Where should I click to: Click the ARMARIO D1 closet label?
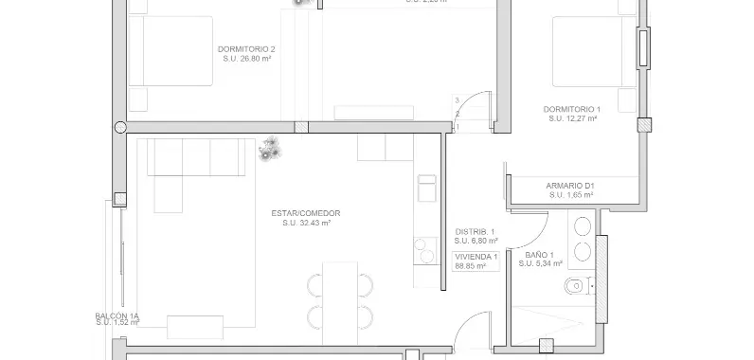click(569, 185)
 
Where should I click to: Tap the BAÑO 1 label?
click(538, 255)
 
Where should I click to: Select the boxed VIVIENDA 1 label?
click(476, 257)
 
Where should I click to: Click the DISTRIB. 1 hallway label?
click(476, 231)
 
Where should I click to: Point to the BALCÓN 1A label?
click(117, 315)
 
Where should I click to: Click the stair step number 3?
click(457, 100)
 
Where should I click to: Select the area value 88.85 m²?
click(470, 267)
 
